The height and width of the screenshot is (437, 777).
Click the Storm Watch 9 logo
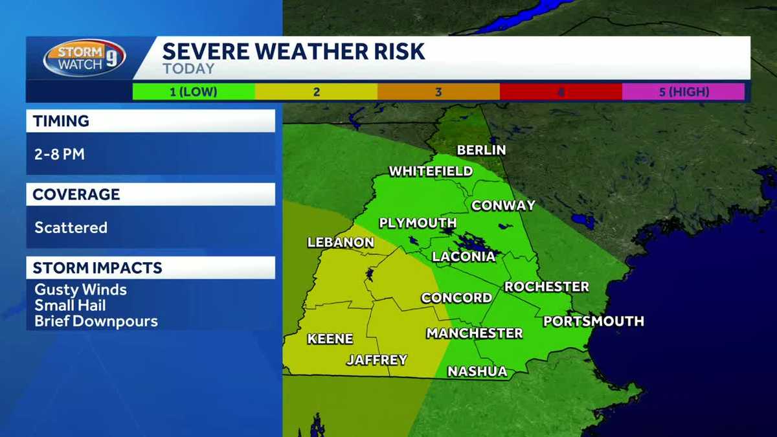pyautogui.click(x=84, y=58)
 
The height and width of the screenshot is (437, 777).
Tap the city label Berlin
pyautogui.click(x=481, y=150)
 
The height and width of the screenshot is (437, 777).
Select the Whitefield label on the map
pyautogui.click(x=431, y=172)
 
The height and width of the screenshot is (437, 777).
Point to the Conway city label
pyautogui.click(x=503, y=206)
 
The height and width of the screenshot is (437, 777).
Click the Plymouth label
pyautogui.click(x=418, y=223)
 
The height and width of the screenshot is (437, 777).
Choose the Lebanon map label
pyautogui.click(x=341, y=243)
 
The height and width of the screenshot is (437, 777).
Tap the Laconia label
pyautogui.click(x=464, y=256)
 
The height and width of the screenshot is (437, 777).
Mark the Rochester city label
pyautogui.click(x=546, y=286)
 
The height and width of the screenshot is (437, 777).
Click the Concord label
pyautogui.click(x=456, y=298)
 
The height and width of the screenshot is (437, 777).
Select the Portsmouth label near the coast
pyautogui.click(x=593, y=321)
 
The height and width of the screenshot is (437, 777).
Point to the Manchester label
pyautogui.click(x=474, y=333)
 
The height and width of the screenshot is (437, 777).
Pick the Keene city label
pyautogui.click(x=330, y=339)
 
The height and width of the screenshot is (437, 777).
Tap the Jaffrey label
pyautogui.click(x=377, y=360)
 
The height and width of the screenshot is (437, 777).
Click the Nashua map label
pyautogui.click(x=477, y=372)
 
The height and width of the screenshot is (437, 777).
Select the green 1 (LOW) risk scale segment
pyautogui.click(x=193, y=92)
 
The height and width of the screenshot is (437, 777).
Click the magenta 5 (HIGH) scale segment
pyautogui.click(x=683, y=92)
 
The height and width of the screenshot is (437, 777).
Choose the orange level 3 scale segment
pyautogui.click(x=438, y=92)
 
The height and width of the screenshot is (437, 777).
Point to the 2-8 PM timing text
pyautogui.click(x=60, y=155)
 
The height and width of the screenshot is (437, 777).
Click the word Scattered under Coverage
pyautogui.click(x=71, y=228)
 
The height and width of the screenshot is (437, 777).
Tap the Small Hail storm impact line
pyautogui.click(x=70, y=305)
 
